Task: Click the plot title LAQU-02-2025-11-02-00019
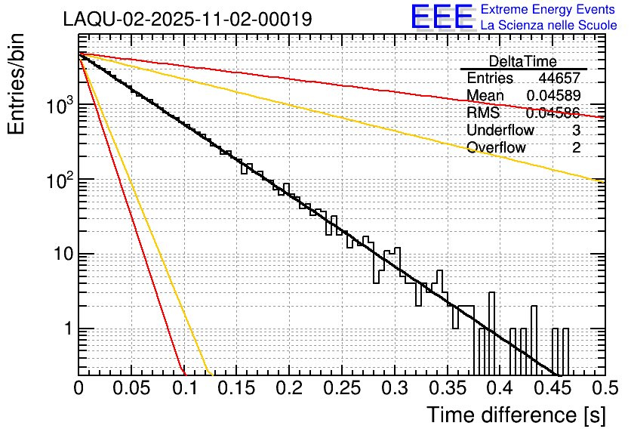click(x=187, y=20)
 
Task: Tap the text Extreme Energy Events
click(x=549, y=10)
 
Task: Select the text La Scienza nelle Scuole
click(x=549, y=26)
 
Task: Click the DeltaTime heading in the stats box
click(x=523, y=61)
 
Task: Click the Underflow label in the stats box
click(x=500, y=130)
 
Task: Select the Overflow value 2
click(x=576, y=147)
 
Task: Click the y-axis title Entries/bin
click(x=21, y=85)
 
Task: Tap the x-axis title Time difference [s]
click(x=515, y=415)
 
